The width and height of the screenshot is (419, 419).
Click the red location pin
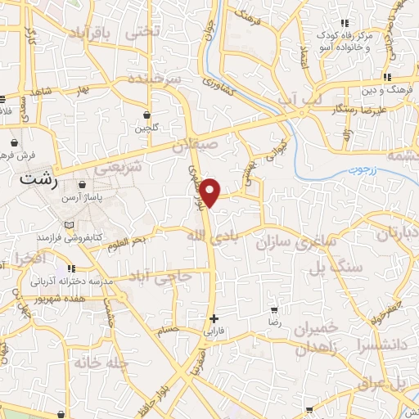point(212,191)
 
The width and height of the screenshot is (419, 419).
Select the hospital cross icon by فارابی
point(214,318)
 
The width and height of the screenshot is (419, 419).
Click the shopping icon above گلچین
point(146,115)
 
